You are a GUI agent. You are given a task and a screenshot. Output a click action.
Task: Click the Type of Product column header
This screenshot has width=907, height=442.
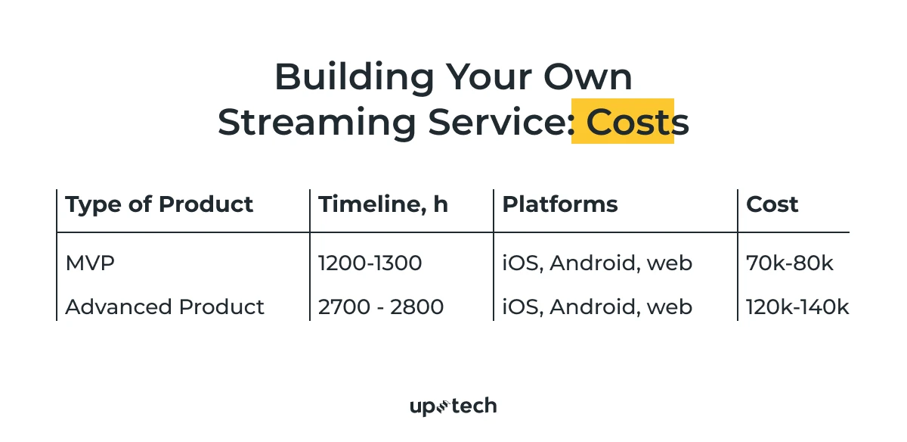159,204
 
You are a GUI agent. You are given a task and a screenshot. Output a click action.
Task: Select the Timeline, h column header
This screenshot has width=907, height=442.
382,204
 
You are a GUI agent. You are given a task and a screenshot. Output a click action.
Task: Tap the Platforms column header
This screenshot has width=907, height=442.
560,204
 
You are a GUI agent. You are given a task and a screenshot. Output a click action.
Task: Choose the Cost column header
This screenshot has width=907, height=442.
772,204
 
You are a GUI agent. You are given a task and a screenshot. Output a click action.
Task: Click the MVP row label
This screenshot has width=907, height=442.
90,263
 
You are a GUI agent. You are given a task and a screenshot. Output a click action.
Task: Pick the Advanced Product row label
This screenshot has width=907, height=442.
165,307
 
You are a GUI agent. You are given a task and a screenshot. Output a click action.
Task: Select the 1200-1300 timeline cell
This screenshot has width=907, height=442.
370,263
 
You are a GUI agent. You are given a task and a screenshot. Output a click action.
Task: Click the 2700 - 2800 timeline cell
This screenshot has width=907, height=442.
380,307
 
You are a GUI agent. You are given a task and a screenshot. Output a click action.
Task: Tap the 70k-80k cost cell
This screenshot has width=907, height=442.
789,263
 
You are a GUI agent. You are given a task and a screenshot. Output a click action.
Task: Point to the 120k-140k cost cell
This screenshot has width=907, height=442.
797,307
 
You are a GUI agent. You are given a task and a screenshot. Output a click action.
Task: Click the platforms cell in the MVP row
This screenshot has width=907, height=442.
597,263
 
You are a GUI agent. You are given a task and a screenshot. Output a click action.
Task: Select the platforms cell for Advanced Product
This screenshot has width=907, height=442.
597,307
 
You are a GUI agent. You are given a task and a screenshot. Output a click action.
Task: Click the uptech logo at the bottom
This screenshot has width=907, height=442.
453,406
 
